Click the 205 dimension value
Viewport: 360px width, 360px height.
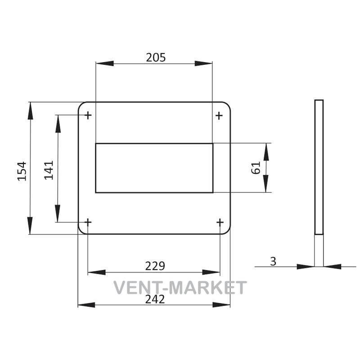(156, 58)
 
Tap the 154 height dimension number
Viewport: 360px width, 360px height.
(22, 171)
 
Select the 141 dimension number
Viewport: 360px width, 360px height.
(49, 170)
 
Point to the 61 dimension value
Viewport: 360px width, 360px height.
(256, 168)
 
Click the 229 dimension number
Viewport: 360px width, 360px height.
(155, 266)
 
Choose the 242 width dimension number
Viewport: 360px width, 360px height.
(155, 299)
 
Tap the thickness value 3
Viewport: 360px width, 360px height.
(273, 261)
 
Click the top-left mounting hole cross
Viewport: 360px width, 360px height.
(88, 115)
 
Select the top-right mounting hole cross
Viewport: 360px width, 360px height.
(219, 116)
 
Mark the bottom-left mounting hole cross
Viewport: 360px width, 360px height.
(88, 222)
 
